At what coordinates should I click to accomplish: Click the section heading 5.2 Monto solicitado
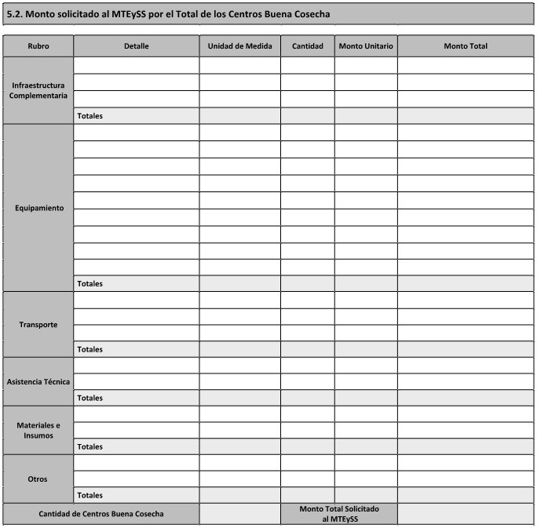click(x=168, y=14)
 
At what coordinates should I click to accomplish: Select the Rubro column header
click(x=38, y=46)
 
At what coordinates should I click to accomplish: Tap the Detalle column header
click(x=136, y=46)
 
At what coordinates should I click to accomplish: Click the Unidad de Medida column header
click(x=239, y=46)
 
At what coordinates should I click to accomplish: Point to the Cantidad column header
click(x=307, y=46)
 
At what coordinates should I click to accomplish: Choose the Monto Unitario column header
click(x=366, y=46)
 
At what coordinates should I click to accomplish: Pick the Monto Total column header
click(x=466, y=46)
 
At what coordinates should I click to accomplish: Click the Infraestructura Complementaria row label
click(x=38, y=90)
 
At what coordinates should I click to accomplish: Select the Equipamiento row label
click(x=38, y=208)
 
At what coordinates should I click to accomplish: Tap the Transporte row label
click(x=38, y=324)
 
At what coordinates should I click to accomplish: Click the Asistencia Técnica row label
click(x=38, y=382)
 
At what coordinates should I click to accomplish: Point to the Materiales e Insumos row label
click(x=38, y=430)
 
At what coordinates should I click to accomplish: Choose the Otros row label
click(x=38, y=479)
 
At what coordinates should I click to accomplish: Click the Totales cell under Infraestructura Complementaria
click(x=90, y=116)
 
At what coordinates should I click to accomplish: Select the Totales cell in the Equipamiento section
click(x=90, y=284)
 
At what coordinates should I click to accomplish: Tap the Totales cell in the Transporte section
click(x=90, y=349)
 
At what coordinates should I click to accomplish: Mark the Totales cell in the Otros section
click(x=90, y=496)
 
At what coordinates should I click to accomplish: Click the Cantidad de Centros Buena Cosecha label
click(x=101, y=514)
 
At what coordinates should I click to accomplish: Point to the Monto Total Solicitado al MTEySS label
click(x=339, y=514)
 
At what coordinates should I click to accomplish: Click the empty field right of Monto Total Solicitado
click(x=466, y=514)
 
